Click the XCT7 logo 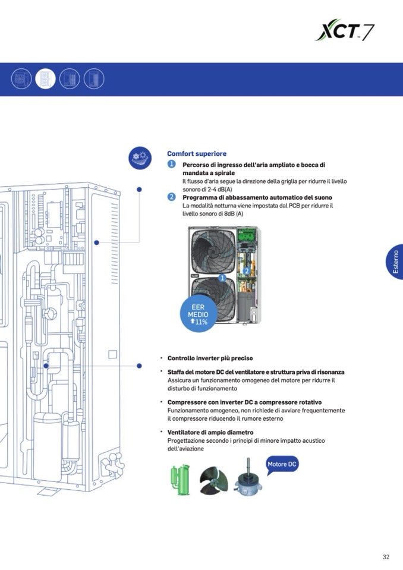tap(345, 29)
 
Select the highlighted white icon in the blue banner tap(45, 78)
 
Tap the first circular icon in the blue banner tap(21, 78)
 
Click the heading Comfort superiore tap(196, 153)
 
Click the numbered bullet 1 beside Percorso tap(171, 164)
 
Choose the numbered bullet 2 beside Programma tap(171, 197)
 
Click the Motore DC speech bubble tap(282, 464)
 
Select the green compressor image tap(180, 477)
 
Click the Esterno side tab tap(395, 262)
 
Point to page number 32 tap(386, 557)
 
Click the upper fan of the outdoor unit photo tap(214, 251)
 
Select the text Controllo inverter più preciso tap(210, 358)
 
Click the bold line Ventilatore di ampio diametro tap(210, 432)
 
